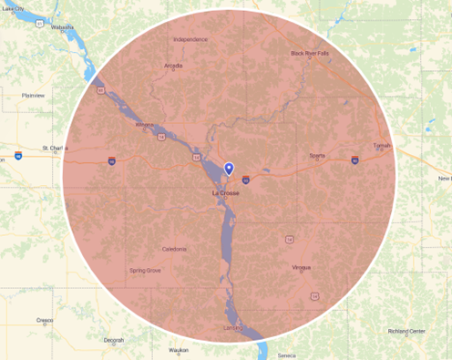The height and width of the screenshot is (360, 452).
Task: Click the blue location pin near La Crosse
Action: point(229,169)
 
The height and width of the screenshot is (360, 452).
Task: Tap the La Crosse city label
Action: point(225,193)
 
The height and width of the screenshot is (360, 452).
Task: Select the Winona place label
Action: point(144,125)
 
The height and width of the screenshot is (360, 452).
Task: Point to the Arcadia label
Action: point(172,66)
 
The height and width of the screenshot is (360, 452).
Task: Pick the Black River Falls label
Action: point(310,54)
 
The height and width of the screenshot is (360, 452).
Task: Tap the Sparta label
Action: point(317,156)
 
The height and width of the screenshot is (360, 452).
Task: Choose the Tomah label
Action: point(382,145)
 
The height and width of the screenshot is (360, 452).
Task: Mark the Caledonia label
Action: point(174,249)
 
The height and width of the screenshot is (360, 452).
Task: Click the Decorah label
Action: point(113,340)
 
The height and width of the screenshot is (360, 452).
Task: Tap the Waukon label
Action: point(178,349)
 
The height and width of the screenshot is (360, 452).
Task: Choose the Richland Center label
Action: point(406,330)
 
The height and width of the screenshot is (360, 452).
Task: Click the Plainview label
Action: point(34,94)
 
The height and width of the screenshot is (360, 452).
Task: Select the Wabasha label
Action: point(63,27)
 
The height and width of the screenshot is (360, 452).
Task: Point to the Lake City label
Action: point(13,8)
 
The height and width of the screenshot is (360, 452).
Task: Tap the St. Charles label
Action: point(56,147)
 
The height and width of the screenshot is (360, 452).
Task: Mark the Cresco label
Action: point(44,321)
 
